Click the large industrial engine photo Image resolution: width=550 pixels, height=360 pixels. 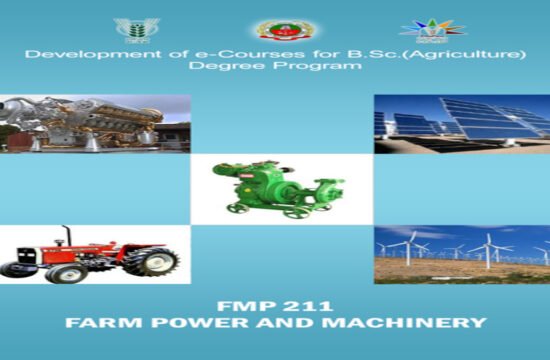(94, 123)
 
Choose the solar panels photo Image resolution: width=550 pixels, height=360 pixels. (462, 124)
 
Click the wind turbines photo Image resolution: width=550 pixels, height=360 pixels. (462, 254)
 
